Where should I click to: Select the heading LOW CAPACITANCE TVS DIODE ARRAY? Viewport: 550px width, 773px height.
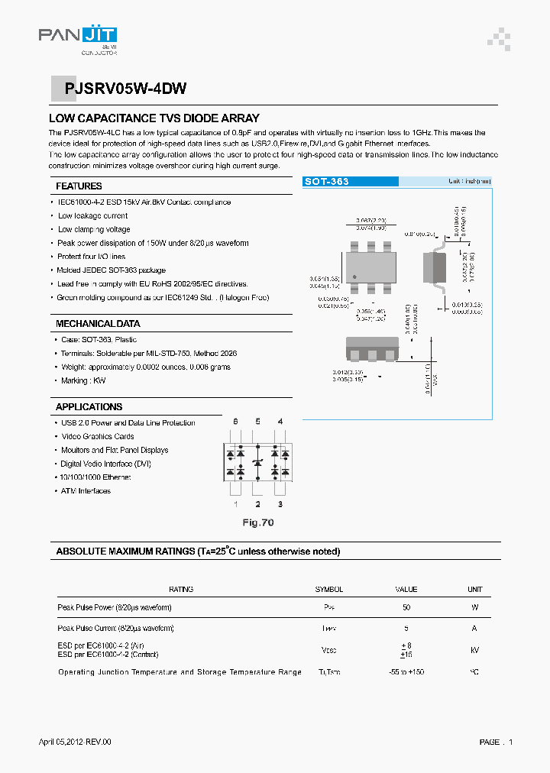point(154,118)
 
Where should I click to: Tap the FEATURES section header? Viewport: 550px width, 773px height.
point(79,186)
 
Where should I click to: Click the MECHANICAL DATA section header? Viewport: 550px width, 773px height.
point(98,324)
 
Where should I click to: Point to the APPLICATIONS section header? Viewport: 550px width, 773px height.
point(89,407)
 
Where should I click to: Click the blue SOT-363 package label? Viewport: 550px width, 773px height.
point(327,182)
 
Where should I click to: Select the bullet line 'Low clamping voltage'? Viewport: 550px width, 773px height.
point(94,229)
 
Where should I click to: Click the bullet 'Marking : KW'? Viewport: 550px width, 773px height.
point(82,380)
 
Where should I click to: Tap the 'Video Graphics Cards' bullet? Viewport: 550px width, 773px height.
point(97,437)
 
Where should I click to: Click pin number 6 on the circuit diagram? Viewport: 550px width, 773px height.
point(235,422)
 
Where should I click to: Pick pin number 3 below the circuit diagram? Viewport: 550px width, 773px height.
point(280,504)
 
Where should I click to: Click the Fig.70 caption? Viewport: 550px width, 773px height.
point(257,523)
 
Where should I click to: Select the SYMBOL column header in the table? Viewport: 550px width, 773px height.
point(329,590)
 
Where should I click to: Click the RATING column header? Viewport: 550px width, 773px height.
point(181,590)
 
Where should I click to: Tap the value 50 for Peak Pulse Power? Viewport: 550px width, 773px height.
point(406,608)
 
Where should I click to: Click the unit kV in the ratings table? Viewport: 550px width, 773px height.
point(474,650)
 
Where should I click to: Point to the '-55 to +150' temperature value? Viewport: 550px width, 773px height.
point(406,672)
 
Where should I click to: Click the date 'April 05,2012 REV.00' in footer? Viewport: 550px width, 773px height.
point(75,742)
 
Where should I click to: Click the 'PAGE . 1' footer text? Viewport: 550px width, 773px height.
point(496,742)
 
